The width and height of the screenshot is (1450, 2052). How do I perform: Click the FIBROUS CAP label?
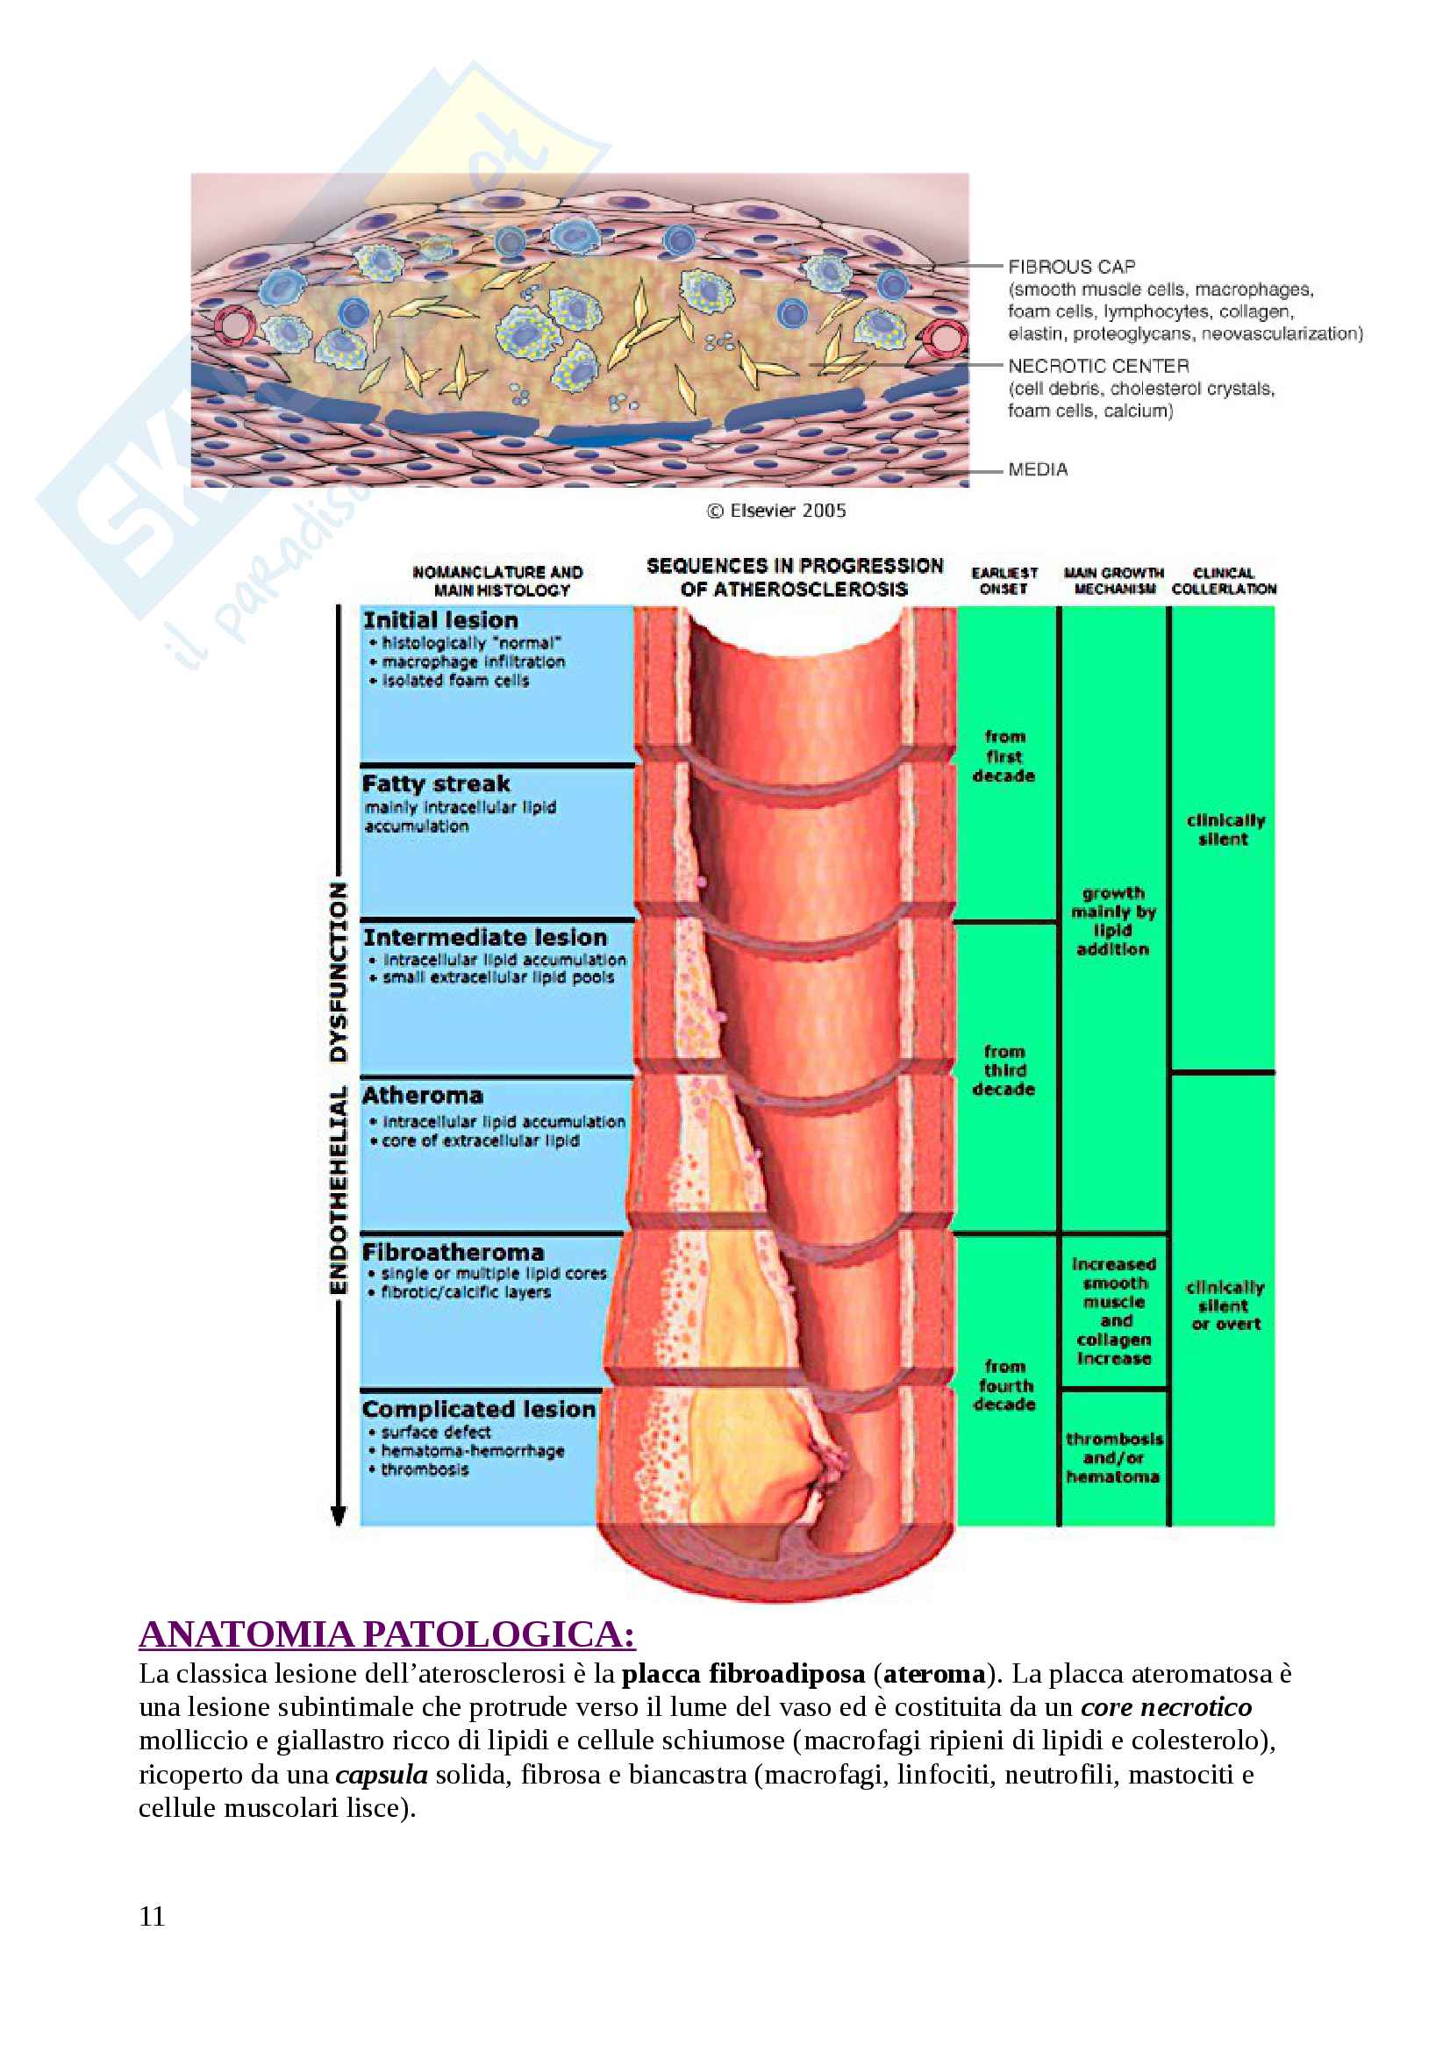click(1071, 267)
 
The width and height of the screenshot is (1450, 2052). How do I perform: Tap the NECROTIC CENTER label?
click(1098, 366)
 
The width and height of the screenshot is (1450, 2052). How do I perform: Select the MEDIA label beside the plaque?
click(1037, 469)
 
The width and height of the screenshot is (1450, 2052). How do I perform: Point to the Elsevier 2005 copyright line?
click(776, 511)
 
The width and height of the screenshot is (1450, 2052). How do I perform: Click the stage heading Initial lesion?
click(439, 620)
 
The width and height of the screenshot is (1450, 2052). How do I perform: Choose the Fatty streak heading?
click(436, 783)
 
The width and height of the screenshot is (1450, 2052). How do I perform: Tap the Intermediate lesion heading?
click(484, 938)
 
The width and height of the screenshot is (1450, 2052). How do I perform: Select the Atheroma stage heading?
click(422, 1095)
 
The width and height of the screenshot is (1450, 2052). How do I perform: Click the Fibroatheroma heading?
click(453, 1251)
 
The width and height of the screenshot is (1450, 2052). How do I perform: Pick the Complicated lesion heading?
click(478, 1410)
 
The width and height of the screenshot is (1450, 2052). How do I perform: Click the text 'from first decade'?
click(1004, 756)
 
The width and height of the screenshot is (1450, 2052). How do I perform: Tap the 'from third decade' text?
click(1004, 1069)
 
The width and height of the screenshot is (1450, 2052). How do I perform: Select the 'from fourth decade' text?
click(1004, 1385)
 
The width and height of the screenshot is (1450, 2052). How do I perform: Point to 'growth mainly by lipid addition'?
click(1113, 920)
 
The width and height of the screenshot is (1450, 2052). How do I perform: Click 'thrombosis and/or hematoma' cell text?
click(1113, 1458)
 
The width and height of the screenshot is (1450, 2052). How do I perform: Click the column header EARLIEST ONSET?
click(1004, 580)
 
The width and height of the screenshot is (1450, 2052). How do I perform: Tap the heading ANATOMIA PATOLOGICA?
click(387, 1634)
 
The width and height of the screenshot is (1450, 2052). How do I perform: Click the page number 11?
click(152, 1916)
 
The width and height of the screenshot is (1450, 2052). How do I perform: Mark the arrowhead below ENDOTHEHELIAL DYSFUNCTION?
click(338, 1515)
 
